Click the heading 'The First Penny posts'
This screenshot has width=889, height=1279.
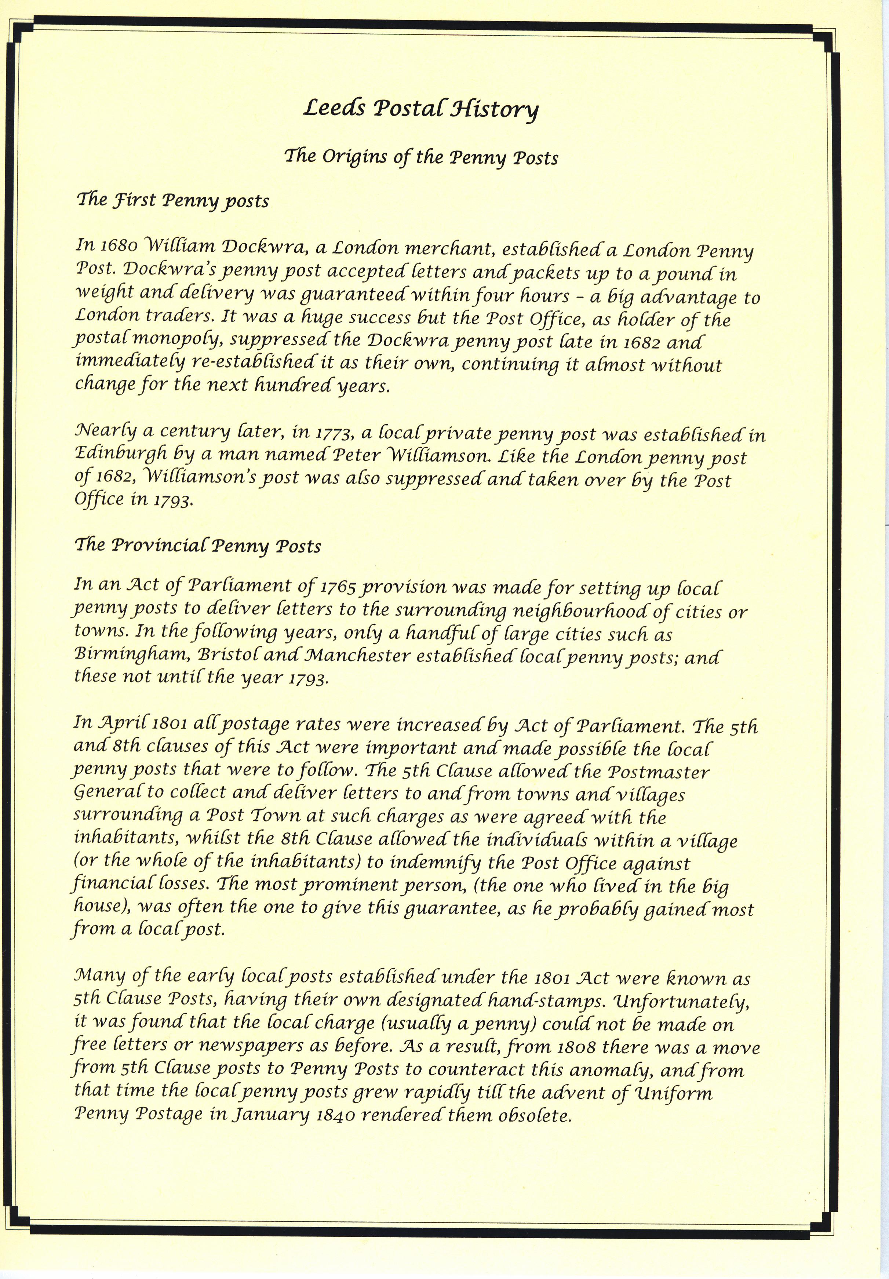pyautogui.click(x=172, y=200)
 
